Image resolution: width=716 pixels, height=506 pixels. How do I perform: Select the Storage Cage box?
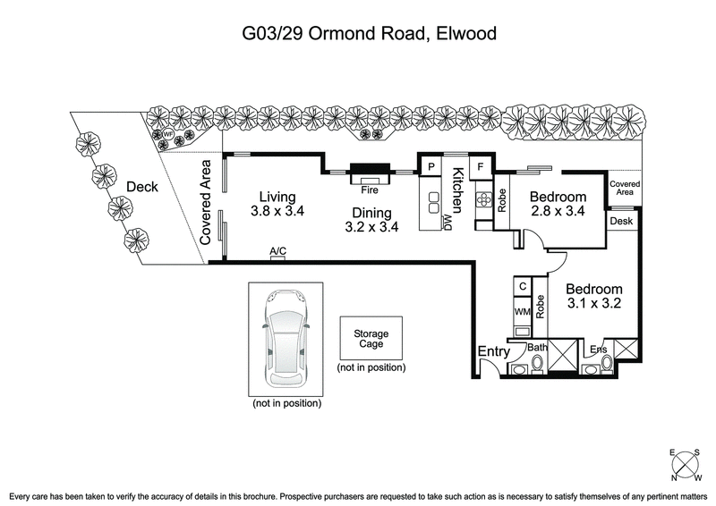coord(371,339)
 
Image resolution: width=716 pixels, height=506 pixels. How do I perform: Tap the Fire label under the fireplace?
coord(369,190)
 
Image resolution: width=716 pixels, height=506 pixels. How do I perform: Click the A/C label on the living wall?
coord(277,252)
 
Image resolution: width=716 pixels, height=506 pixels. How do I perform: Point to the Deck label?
coord(141,187)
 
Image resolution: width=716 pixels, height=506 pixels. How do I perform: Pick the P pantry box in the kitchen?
coord(430,166)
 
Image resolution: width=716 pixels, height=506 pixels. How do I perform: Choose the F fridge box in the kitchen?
coord(481,166)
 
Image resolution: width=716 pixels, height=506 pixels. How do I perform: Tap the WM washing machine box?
coord(522,312)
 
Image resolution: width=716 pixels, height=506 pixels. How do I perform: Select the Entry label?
coord(493,352)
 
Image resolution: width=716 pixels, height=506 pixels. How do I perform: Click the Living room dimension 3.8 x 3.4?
coord(277,213)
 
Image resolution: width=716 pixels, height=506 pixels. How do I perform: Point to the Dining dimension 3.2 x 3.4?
coord(371,227)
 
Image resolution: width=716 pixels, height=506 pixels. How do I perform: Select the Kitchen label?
coord(457,189)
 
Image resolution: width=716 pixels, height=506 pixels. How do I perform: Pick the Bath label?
coord(537,347)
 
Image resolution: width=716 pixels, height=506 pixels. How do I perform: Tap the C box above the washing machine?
coord(522,287)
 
